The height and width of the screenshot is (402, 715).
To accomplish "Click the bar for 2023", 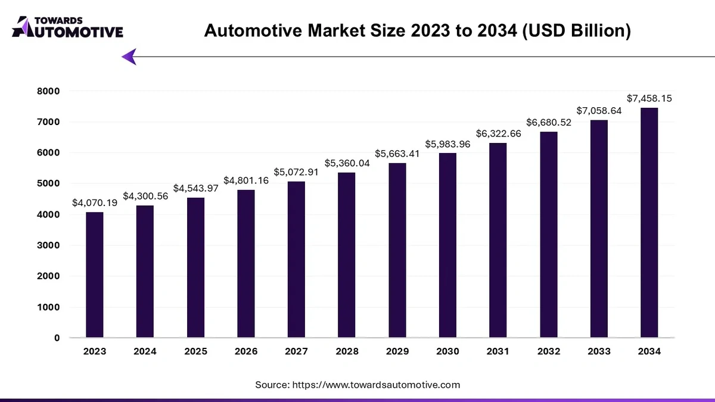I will pyautogui.click(x=95, y=275).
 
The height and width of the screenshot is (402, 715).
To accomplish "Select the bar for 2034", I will pyautogui.click(x=649, y=223).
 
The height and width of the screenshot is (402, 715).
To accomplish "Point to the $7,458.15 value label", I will pyautogui.click(x=649, y=98).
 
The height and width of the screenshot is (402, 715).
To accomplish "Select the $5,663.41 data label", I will pyautogui.click(x=397, y=153).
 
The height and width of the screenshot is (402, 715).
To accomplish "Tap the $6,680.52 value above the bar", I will pyautogui.click(x=549, y=122).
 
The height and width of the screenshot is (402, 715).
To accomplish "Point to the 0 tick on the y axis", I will pyautogui.click(x=57, y=338).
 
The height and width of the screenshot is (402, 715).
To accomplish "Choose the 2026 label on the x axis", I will pyautogui.click(x=246, y=352).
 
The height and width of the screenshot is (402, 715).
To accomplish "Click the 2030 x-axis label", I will pyautogui.click(x=447, y=352).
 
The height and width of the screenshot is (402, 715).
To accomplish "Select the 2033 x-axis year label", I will pyautogui.click(x=599, y=352).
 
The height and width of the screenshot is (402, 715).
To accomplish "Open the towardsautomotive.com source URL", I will pyautogui.click(x=375, y=385).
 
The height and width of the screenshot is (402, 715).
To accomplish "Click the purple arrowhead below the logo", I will pyautogui.click(x=129, y=57).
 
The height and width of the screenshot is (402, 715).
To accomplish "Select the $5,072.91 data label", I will pyautogui.click(x=297, y=172).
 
